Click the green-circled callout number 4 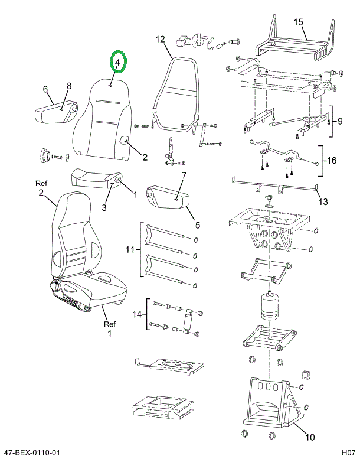(117, 63)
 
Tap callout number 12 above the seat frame (160, 39)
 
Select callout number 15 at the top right (298, 22)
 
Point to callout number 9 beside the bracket (340, 121)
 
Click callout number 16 (332, 161)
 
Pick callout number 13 (323, 201)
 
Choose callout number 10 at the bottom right (310, 437)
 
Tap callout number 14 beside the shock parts (137, 314)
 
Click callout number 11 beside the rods (130, 250)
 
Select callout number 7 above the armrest (184, 175)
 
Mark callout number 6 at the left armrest (45, 89)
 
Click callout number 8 (69, 86)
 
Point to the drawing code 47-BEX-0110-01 (31, 453)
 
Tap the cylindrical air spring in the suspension (269, 306)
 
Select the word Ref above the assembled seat (41, 184)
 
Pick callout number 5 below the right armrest (198, 225)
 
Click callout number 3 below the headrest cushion (104, 207)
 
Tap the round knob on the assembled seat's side (54, 286)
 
